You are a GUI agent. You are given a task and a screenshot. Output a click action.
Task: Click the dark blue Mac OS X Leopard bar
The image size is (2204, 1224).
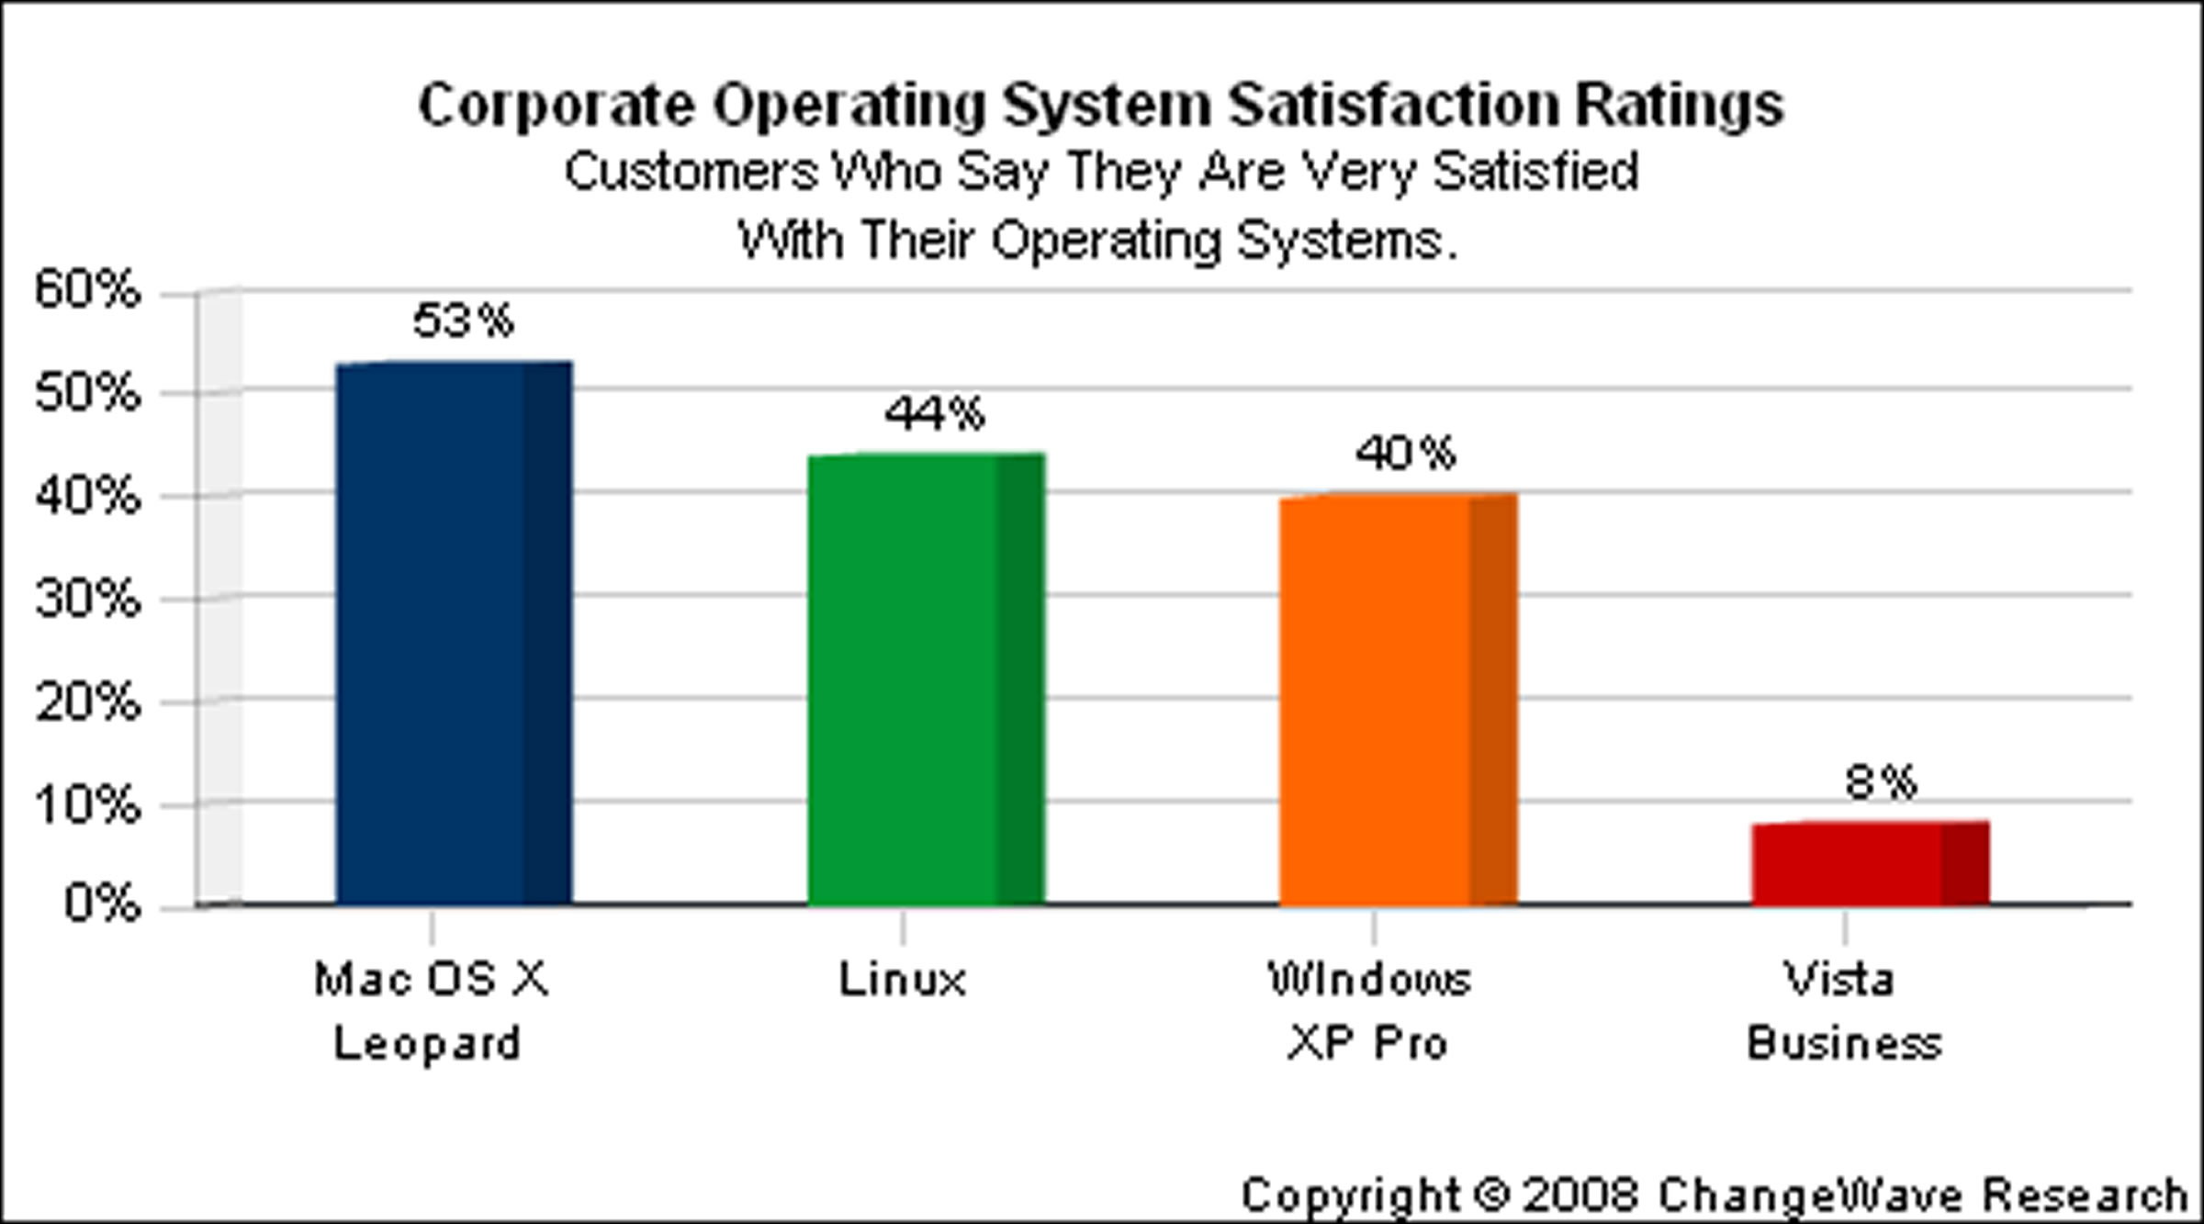click(x=454, y=634)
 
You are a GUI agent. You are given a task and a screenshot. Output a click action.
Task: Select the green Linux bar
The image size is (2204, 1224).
click(x=926, y=679)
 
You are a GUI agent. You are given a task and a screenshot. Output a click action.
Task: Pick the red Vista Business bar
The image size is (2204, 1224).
click(x=1870, y=863)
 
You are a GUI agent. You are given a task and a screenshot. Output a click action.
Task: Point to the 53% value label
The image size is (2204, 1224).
click(x=463, y=320)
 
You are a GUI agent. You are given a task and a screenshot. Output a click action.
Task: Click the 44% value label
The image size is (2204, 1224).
click(x=935, y=414)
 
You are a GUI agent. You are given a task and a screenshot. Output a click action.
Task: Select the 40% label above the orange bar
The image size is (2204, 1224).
click(x=1406, y=454)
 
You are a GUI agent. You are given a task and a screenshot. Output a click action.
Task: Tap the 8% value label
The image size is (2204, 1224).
click(x=1881, y=782)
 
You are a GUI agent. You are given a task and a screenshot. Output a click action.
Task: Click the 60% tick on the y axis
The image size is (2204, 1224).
click(x=88, y=290)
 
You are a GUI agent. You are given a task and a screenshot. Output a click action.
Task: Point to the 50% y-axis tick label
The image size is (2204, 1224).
click(x=88, y=394)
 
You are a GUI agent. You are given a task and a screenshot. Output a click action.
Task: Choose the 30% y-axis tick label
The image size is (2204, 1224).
click(x=88, y=601)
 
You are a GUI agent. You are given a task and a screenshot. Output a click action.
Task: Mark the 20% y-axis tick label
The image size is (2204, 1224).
click(x=88, y=703)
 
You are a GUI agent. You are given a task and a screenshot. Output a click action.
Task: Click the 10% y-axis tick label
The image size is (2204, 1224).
click(x=88, y=806)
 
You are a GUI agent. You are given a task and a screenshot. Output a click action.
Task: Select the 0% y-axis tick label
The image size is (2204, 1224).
click(x=102, y=904)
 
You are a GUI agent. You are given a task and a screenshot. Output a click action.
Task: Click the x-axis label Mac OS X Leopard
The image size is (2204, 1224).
click(x=430, y=1011)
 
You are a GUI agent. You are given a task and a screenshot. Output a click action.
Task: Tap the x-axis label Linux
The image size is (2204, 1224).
click(x=903, y=980)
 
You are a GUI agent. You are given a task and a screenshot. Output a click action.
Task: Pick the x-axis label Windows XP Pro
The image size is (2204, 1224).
click(x=1369, y=1011)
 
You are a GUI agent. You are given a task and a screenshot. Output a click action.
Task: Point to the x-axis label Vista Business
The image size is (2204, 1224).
click(x=1843, y=1011)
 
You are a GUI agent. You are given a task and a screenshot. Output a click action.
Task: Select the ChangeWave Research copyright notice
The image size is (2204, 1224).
click(x=1714, y=1196)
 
